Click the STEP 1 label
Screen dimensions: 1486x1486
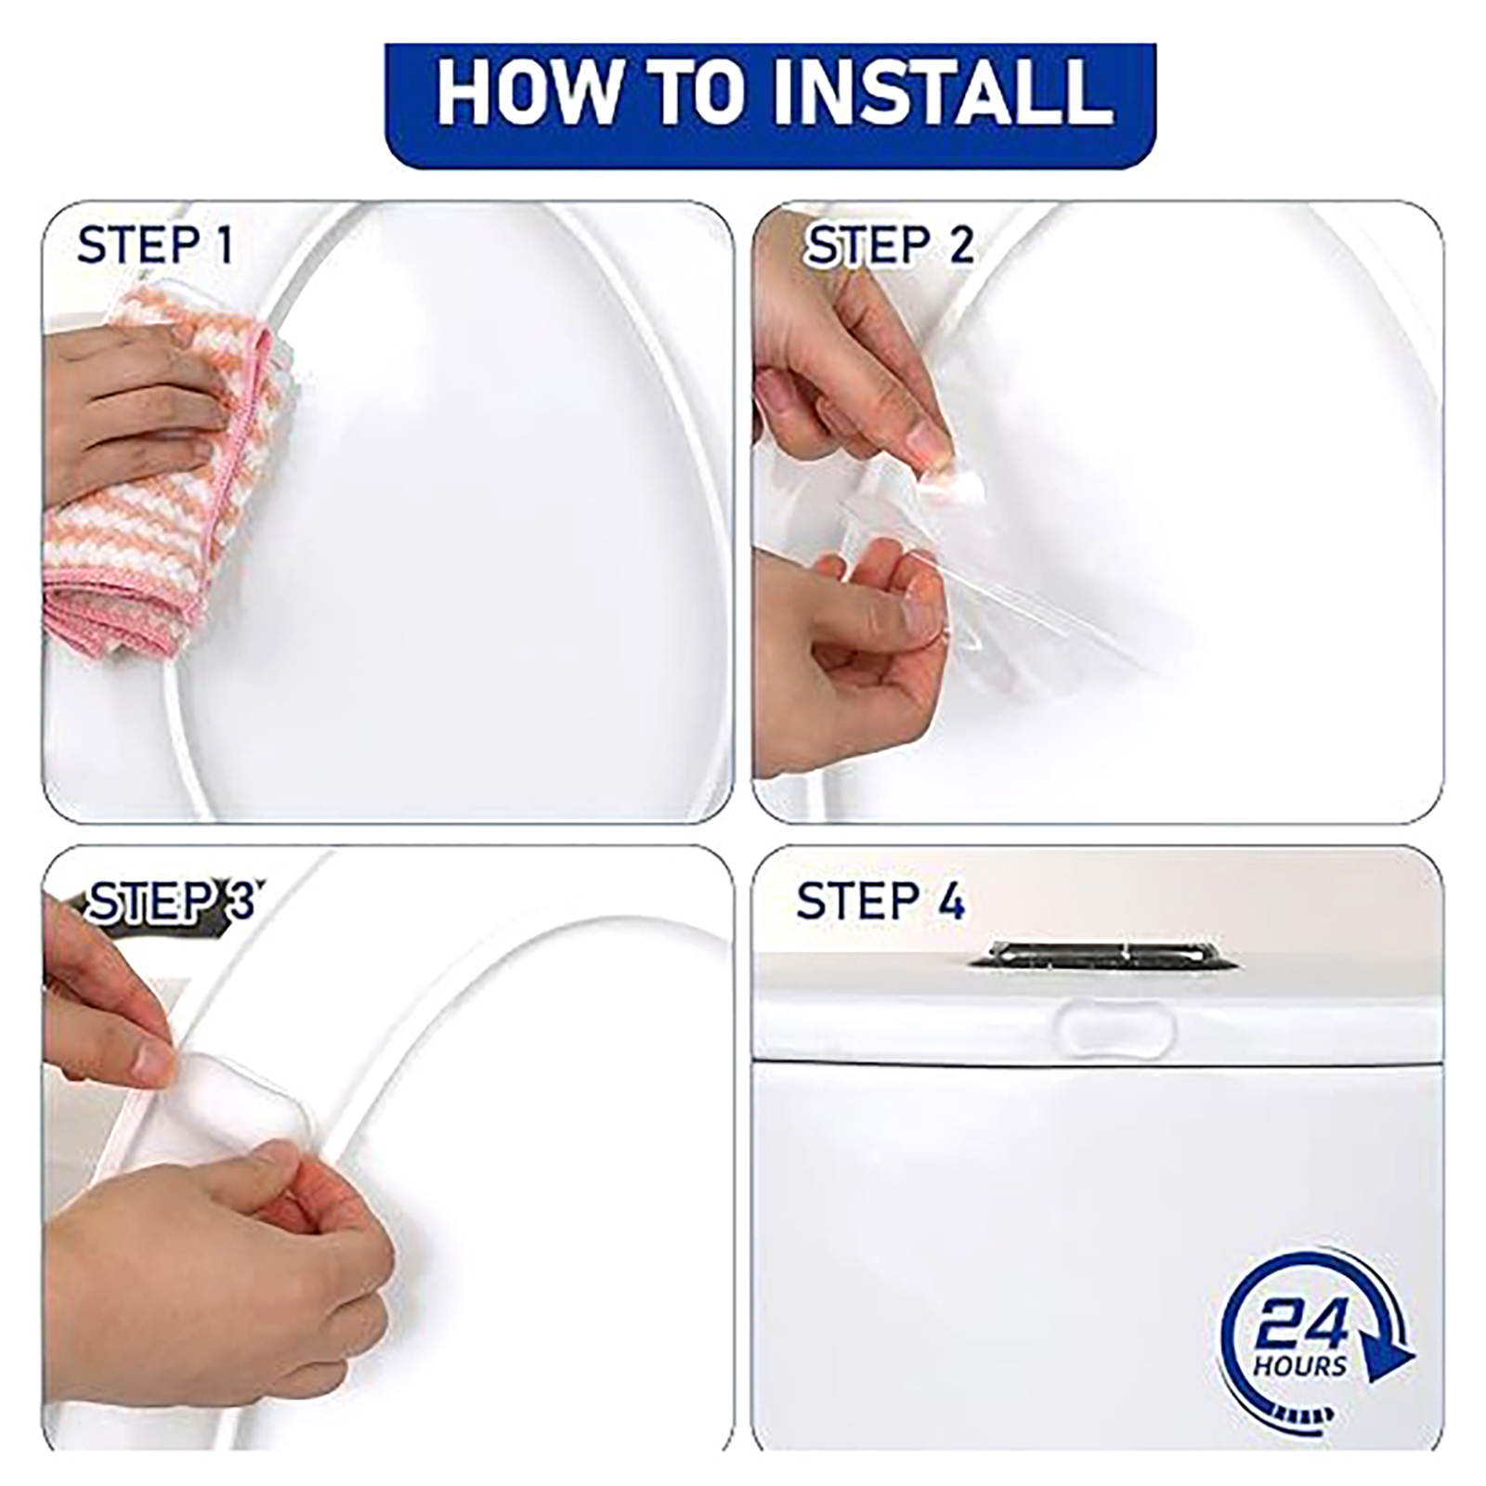click(x=155, y=245)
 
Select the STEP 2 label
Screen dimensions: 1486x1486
click(x=890, y=245)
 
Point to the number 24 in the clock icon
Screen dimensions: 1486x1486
click(x=1301, y=1323)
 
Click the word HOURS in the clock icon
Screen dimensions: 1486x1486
click(x=1299, y=1366)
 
